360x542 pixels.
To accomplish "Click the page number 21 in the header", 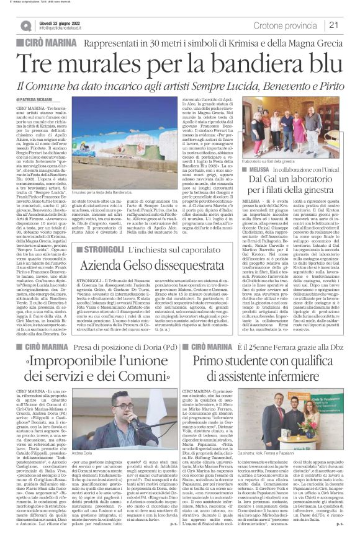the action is coord(349,24).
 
